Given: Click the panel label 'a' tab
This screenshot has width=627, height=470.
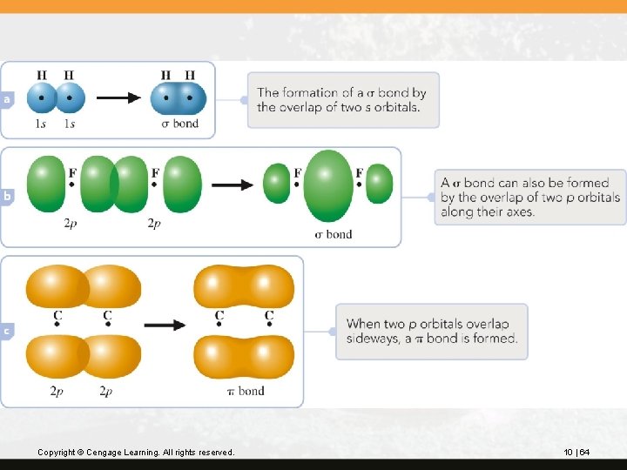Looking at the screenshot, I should [7, 100].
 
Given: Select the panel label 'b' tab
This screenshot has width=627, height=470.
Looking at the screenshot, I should [7, 197].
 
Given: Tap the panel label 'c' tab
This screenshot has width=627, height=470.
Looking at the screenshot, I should [7, 331].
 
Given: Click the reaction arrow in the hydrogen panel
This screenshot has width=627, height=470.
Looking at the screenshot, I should [118, 97].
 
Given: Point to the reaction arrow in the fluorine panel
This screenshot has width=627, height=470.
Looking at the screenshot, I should [232, 185].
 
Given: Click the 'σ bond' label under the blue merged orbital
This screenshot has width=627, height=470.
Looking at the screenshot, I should [179, 124].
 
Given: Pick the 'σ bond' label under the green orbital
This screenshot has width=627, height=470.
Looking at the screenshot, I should [333, 233].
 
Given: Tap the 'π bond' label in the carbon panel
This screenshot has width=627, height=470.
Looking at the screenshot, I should [245, 391].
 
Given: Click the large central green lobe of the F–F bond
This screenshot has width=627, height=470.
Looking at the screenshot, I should [328, 185].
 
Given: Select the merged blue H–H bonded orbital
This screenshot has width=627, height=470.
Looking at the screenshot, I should [179, 97].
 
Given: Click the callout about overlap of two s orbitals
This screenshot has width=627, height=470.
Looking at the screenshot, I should [342, 99].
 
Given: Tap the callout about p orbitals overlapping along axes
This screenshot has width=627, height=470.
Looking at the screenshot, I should [529, 197].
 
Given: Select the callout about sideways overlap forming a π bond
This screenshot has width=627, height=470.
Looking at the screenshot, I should [431, 331].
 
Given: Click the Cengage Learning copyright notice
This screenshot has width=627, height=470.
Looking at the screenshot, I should [136, 452].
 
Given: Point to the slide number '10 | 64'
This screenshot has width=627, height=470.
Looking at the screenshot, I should [576, 452].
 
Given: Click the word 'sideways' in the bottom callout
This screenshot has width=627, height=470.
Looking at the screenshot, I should [373, 339].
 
